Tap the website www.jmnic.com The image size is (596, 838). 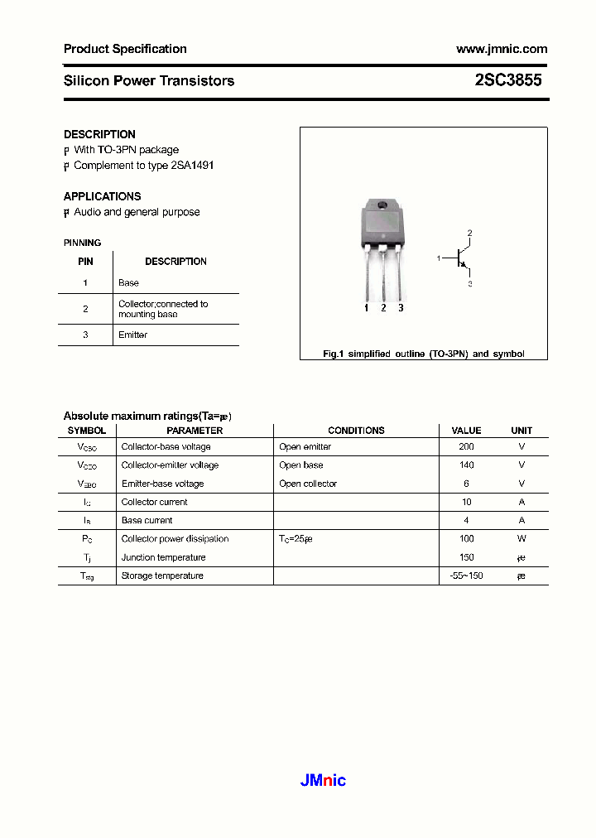pyautogui.click(x=501, y=49)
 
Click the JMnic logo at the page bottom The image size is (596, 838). pyautogui.click(x=322, y=780)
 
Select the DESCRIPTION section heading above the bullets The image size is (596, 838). pyautogui.click(x=99, y=134)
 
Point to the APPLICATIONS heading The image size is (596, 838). pyautogui.click(x=102, y=196)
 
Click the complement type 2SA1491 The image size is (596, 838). pyautogui.click(x=192, y=166)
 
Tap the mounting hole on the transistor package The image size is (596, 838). pyautogui.click(x=382, y=206)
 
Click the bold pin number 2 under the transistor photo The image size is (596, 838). pyautogui.click(x=383, y=308)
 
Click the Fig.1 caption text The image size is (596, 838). pyautogui.click(x=423, y=354)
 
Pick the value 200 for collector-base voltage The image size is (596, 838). pyautogui.click(x=466, y=447)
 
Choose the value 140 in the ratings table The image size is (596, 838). pyautogui.click(x=466, y=465)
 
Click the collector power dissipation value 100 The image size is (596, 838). pyautogui.click(x=466, y=539)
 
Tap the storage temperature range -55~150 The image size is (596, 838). pyautogui.click(x=466, y=576)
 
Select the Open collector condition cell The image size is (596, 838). pyautogui.click(x=308, y=484)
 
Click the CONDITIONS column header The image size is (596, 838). pyautogui.click(x=356, y=431)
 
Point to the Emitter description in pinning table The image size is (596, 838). pyautogui.click(x=132, y=335)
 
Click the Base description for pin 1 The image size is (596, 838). pyautogui.click(x=128, y=283)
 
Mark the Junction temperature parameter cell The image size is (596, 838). pyautogui.click(x=163, y=557)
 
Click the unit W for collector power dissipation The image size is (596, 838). pyautogui.click(x=521, y=539)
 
